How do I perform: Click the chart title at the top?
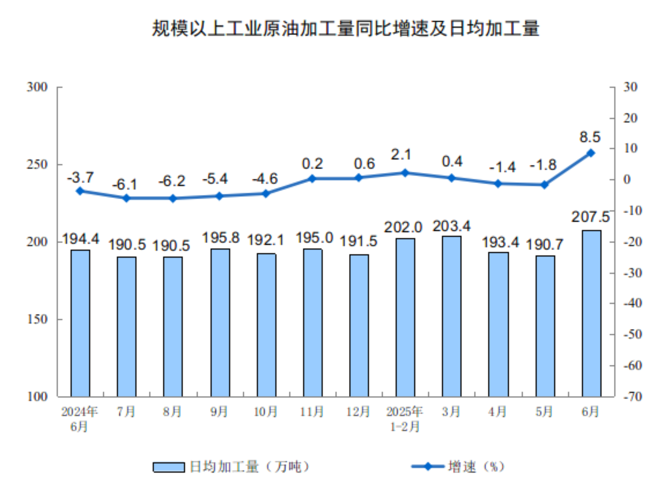[345, 29]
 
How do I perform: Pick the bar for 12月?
[359, 325]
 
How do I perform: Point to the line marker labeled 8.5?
[590, 153]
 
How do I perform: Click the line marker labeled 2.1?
[405, 173]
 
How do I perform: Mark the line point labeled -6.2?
[173, 198]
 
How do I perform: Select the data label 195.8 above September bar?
[221, 238]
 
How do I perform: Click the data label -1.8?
[543, 165]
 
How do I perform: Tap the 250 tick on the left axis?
[37, 164]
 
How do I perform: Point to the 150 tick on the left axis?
[37, 319]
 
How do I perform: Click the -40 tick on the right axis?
[633, 304]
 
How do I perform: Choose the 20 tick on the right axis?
[631, 118]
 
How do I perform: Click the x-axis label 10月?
[266, 412]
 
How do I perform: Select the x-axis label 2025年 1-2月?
[404, 419]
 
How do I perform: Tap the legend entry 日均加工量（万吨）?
[231, 467]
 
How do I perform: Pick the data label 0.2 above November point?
[312, 164]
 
